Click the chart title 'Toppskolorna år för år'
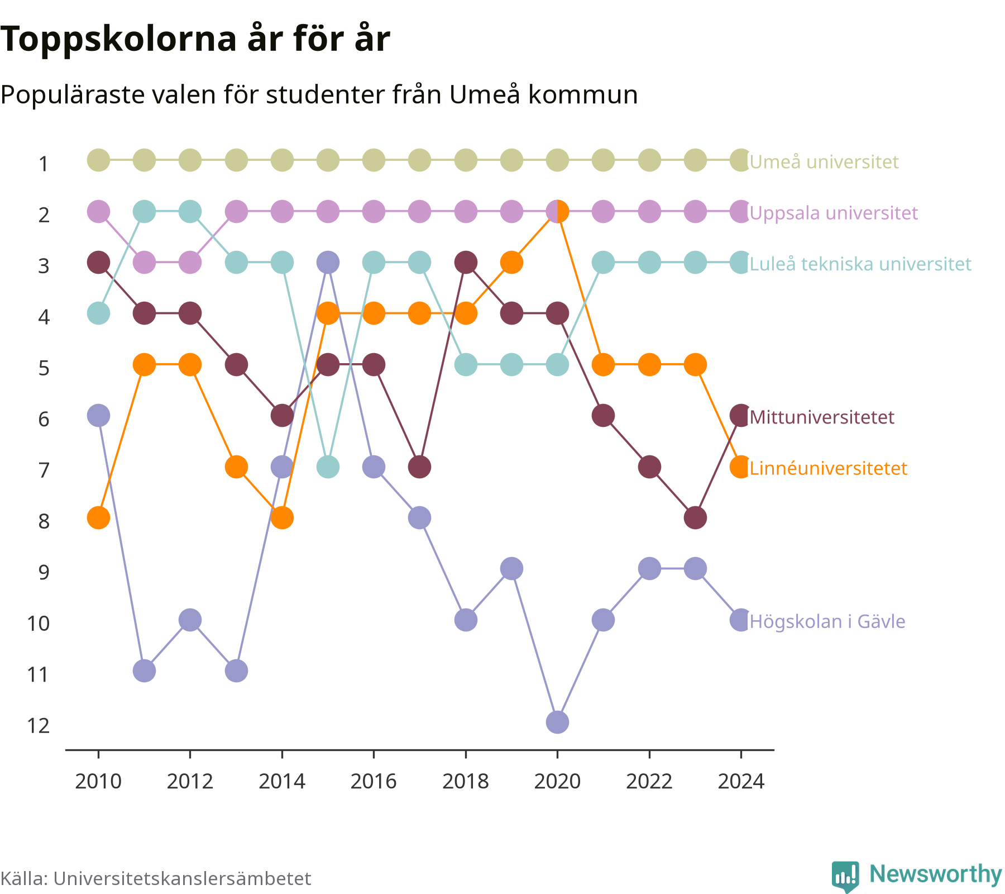click(195, 40)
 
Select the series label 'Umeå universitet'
click(824, 162)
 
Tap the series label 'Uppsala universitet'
click(834, 213)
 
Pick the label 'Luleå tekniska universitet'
click(860, 264)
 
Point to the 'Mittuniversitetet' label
click(822, 417)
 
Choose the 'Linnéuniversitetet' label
click(829, 468)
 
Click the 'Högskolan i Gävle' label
click(827, 621)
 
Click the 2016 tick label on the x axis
click(374, 781)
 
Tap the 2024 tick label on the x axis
click(741, 781)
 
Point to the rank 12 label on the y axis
click(39, 726)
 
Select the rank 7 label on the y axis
click(44, 470)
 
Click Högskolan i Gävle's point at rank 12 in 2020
click(557, 722)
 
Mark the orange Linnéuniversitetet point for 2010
click(98, 518)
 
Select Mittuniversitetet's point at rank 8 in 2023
click(695, 518)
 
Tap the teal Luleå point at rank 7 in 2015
click(328, 467)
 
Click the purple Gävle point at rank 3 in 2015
click(328, 262)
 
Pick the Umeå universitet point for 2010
click(98, 160)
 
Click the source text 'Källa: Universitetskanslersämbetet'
click(156, 878)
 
